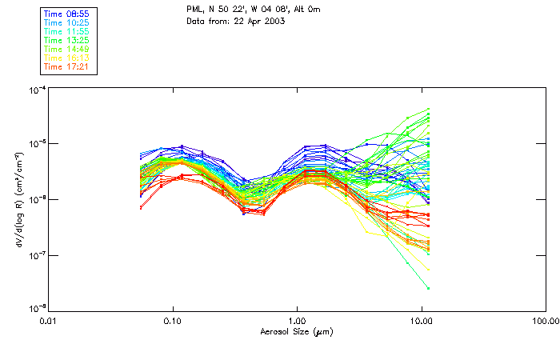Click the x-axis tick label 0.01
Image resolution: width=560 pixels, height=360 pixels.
pyautogui.click(x=49, y=321)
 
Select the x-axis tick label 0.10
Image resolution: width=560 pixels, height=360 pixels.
pyautogui.click(x=173, y=321)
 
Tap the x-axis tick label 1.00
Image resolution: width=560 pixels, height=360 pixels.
pyautogui.click(x=298, y=321)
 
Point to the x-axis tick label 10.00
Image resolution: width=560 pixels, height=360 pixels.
pyautogui.click(x=422, y=321)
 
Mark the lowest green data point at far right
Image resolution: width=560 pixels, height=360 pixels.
pyautogui.click(x=429, y=288)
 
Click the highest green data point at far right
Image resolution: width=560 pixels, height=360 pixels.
pyautogui.click(x=429, y=109)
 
